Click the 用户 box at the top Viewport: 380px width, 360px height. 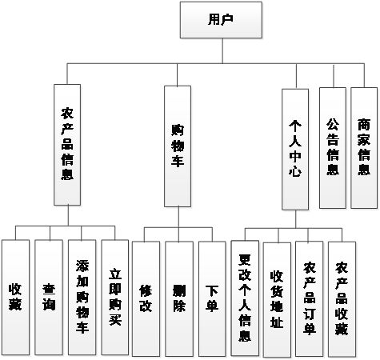click(221, 20)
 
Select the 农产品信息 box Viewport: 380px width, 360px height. click(67, 145)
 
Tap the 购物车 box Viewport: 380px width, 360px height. click(178, 146)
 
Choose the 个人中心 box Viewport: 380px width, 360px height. click(295, 150)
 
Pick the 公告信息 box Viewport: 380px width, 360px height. click(333, 148)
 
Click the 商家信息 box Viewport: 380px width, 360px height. click(364, 148)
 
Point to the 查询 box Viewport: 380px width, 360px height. click(49, 298)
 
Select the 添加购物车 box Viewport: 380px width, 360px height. click(82, 298)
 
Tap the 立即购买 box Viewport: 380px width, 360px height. click(115, 298)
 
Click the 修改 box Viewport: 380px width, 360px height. click(146, 299)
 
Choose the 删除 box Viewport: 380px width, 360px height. click(179, 299)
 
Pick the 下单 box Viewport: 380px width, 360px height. click(212, 299)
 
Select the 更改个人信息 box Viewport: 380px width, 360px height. click(245, 298)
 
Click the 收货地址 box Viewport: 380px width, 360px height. click(277, 300)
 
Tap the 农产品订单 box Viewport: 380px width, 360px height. click(310, 299)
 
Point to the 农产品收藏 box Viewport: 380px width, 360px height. click(342, 299)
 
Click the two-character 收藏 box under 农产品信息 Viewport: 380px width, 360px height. click(15, 298)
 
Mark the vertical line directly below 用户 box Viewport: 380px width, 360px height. click(222, 51)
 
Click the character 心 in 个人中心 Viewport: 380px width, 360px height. click(295, 170)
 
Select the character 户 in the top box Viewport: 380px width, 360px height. click(227, 19)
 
